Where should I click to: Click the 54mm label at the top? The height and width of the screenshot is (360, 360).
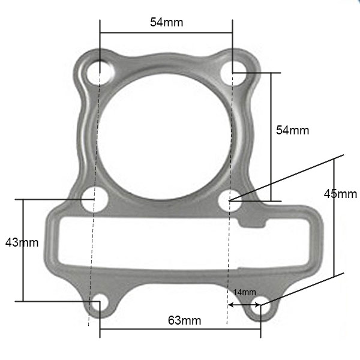pos(166,22)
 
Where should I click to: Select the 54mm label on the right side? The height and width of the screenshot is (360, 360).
pos(292,130)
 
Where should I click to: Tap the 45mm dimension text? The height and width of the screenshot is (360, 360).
pos(340,194)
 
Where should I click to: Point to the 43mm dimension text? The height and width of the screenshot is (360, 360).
pos(21,242)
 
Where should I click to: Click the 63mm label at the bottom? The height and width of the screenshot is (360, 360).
pos(184,320)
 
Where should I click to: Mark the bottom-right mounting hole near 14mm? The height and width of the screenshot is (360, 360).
pos(260,304)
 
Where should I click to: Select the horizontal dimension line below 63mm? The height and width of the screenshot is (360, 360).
pos(180,329)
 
